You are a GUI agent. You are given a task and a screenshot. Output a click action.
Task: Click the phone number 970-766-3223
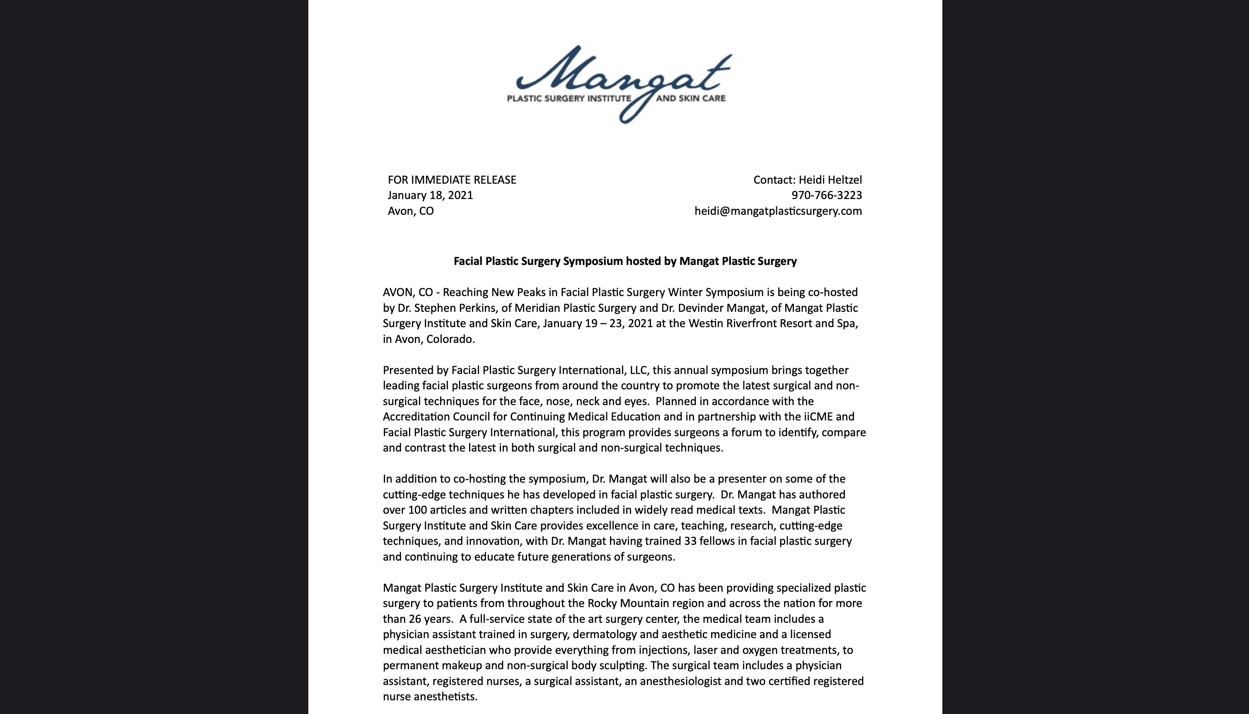(826, 195)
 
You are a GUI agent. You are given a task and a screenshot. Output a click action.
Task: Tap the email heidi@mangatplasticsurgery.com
(778, 211)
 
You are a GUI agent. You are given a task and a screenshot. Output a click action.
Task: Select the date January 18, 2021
(430, 195)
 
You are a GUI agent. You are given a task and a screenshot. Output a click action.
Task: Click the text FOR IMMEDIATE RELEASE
(451, 180)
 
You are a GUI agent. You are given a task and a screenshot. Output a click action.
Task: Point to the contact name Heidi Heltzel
(830, 180)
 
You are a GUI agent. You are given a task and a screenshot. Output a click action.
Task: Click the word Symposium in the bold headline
(593, 261)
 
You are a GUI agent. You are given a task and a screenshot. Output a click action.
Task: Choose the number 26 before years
(416, 619)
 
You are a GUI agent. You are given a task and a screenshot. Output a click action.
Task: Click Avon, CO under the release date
(410, 211)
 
